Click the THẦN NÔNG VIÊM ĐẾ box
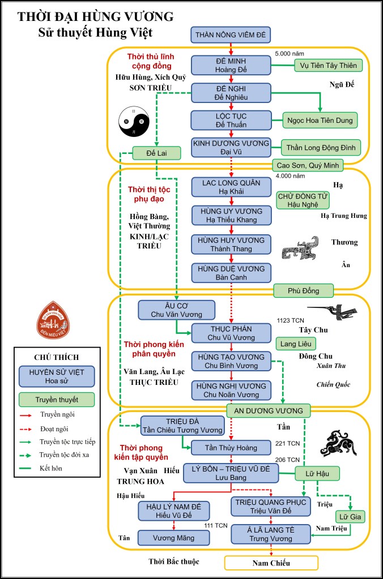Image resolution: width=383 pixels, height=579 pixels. point(230,35)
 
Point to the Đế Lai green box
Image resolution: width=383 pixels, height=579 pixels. point(156,153)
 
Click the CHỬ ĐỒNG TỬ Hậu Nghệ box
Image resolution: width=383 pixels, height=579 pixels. point(303,200)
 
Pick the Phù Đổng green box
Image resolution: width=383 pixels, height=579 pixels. point(304,291)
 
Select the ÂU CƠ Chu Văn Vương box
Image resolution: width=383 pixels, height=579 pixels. point(177,310)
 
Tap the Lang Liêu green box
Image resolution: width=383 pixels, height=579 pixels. point(296,344)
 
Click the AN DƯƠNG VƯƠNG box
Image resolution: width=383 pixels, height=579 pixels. point(269,410)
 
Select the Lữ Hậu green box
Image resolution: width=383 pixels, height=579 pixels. point(317,473)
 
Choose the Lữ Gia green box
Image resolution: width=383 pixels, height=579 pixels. point(351,517)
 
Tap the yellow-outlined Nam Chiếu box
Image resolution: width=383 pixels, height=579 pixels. point(270,563)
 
